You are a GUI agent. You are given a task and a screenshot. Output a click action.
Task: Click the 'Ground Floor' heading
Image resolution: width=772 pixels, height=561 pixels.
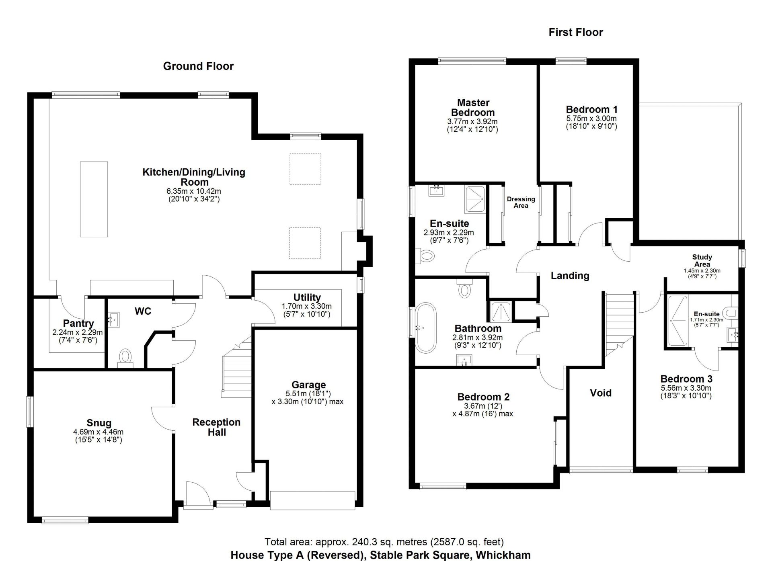[x=198, y=66]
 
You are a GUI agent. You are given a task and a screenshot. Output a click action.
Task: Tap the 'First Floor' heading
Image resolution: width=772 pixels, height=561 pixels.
[x=575, y=33]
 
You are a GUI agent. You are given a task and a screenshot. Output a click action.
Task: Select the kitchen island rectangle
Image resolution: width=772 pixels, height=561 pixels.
[x=94, y=199]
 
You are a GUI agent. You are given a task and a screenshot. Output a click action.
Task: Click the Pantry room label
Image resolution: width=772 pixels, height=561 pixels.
[x=78, y=323]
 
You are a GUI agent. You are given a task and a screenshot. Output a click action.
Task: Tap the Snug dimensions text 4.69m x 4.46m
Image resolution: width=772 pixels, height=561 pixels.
[x=99, y=432]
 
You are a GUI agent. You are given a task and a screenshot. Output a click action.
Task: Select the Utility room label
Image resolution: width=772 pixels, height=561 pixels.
[x=307, y=297]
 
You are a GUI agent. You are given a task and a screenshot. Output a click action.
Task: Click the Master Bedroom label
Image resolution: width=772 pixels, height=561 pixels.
[x=472, y=107]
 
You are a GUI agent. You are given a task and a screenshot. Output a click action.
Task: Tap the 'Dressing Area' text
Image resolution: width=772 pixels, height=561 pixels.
[x=521, y=202]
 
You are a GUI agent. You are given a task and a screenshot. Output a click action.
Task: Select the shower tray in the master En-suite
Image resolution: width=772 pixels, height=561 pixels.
[x=476, y=199]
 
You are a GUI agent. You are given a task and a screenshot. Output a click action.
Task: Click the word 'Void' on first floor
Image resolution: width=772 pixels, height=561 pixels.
[x=600, y=393]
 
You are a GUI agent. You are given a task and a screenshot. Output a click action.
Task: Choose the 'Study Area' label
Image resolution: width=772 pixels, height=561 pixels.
[x=702, y=260]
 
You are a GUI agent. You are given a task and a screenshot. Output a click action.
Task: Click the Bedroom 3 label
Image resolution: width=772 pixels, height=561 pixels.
[x=686, y=379]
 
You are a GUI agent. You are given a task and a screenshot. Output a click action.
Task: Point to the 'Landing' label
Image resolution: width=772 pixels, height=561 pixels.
[x=570, y=276]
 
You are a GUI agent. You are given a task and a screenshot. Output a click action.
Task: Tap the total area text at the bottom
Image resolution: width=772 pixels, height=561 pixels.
[x=384, y=542]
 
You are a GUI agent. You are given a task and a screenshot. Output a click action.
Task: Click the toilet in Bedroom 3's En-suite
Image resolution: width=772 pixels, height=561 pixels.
[x=730, y=313]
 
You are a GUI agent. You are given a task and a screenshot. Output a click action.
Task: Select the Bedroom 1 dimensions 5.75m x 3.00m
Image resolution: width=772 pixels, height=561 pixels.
[x=591, y=119]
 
